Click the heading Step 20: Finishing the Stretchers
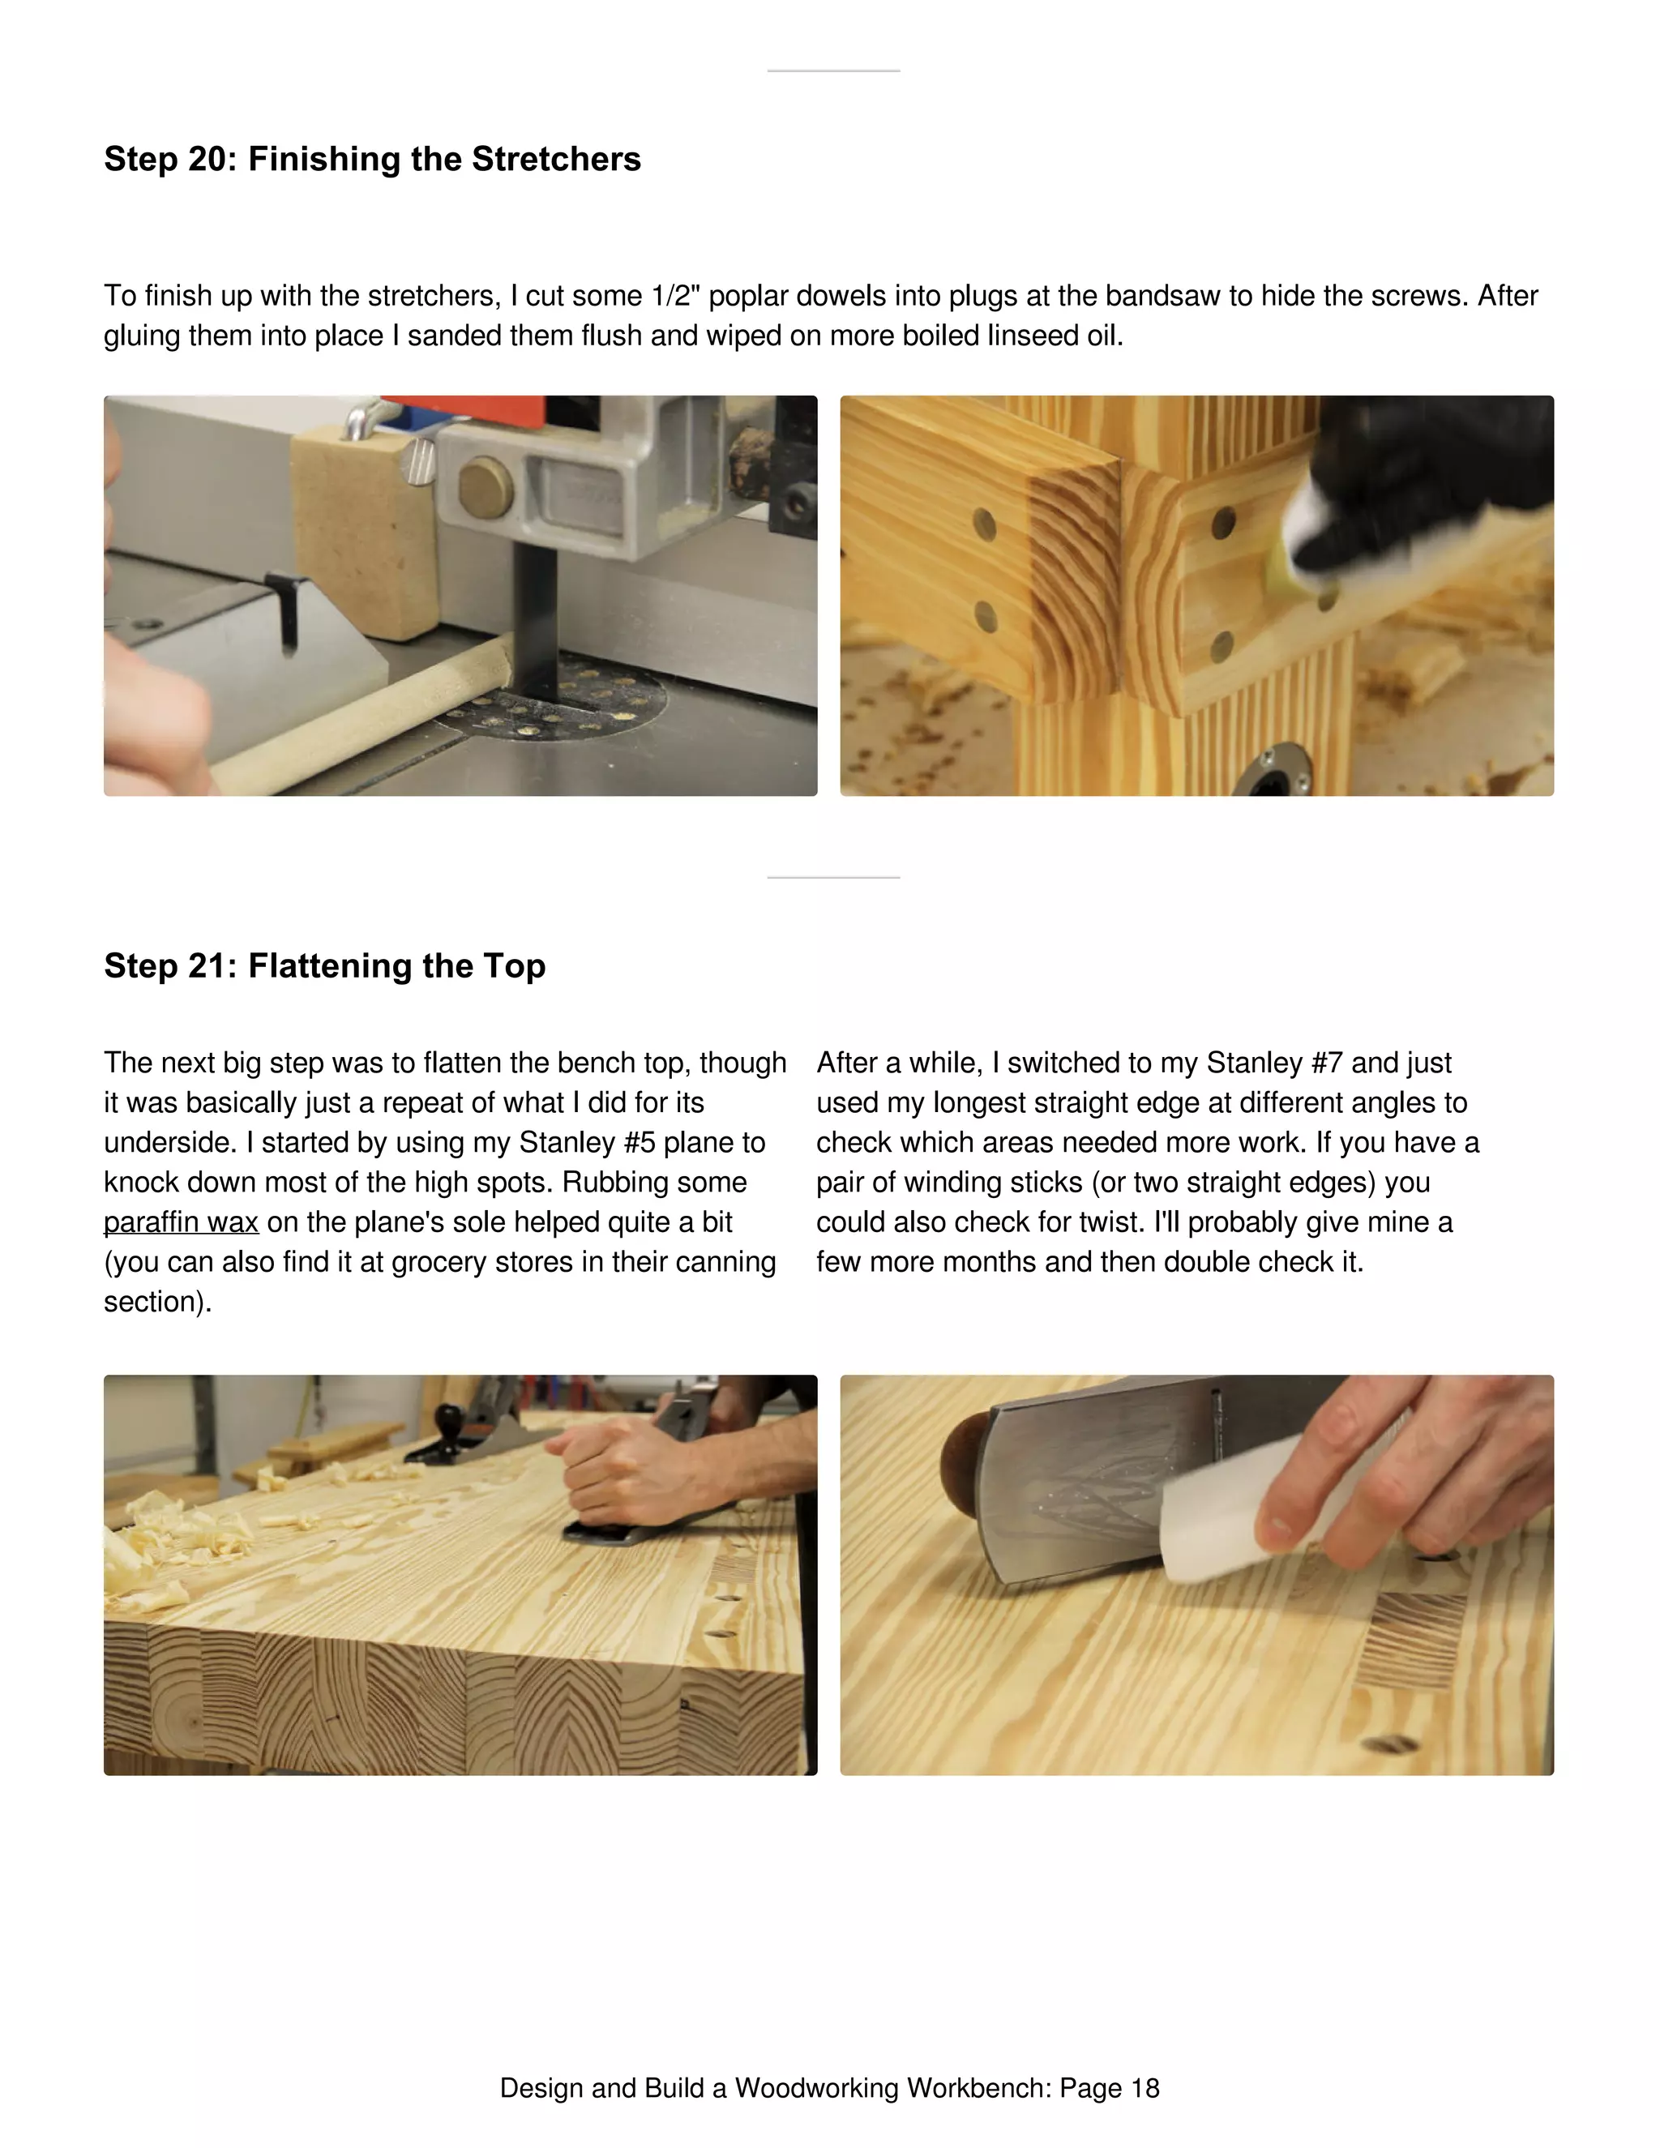372,160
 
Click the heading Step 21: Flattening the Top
324,966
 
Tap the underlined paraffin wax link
181,1222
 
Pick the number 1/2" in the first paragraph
674,296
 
